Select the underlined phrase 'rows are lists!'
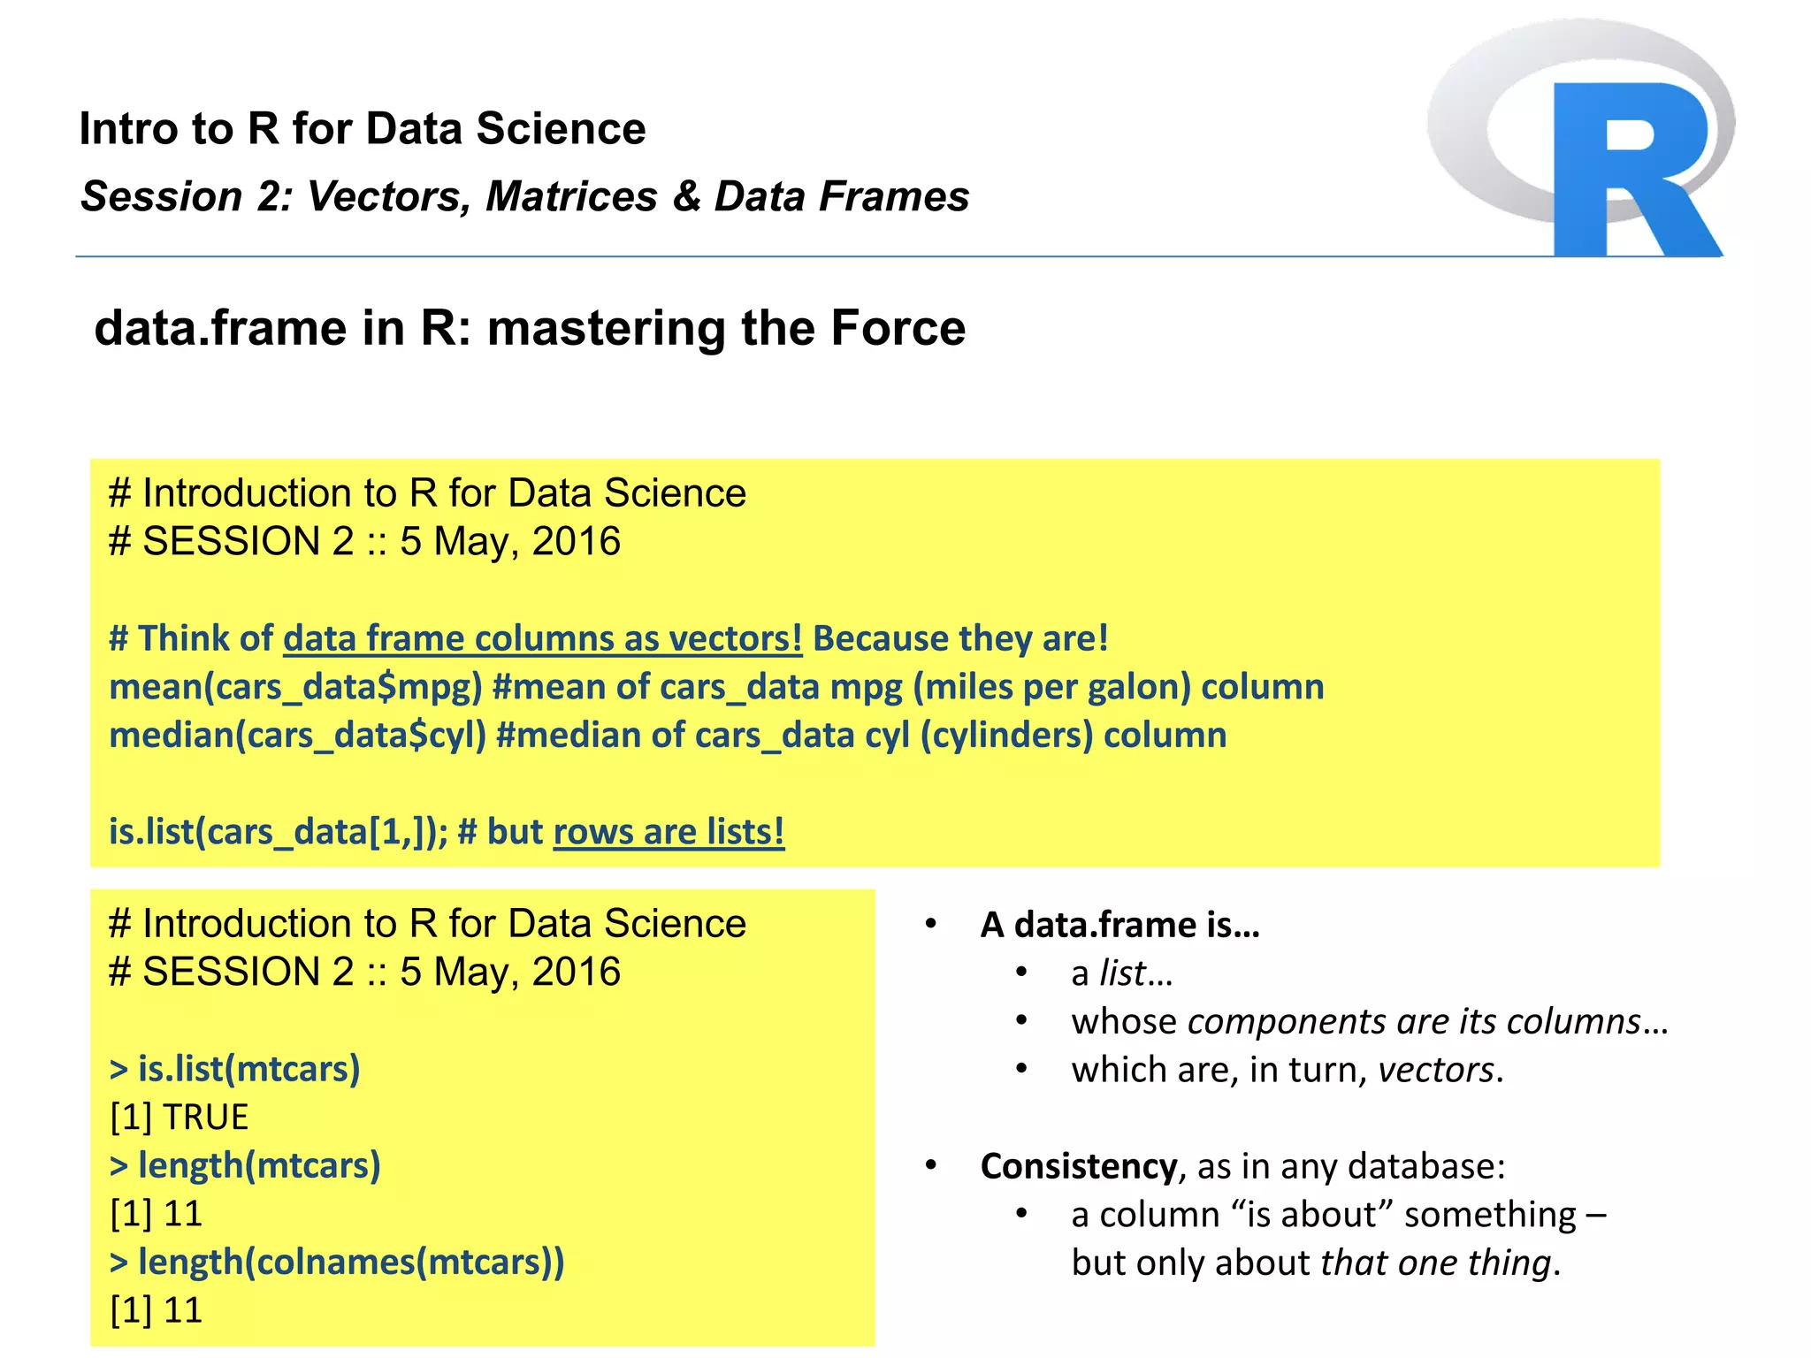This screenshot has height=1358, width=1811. (x=669, y=832)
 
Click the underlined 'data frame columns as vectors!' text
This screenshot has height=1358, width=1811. (x=542, y=638)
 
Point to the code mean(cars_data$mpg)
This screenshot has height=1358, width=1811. (x=295, y=687)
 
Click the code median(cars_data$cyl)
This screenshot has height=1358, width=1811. (x=297, y=736)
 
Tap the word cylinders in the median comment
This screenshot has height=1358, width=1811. (x=1006, y=736)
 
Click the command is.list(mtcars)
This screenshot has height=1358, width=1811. (x=235, y=1069)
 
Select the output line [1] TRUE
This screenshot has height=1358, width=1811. (x=180, y=1118)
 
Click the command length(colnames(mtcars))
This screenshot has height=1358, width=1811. (x=337, y=1262)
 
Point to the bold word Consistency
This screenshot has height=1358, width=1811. (x=1078, y=1166)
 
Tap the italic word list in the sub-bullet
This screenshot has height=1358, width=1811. (x=1122, y=973)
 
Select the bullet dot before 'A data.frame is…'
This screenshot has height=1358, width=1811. (x=930, y=924)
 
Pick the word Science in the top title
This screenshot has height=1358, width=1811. (x=561, y=129)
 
